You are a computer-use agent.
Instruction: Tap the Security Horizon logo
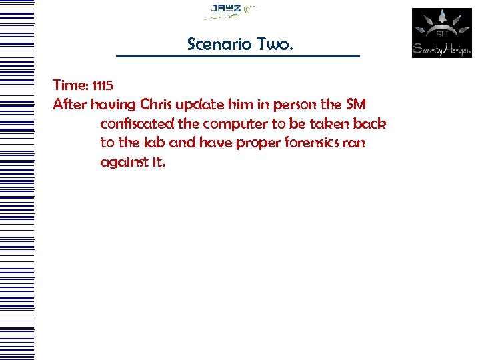(441, 33)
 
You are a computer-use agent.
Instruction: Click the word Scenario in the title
(215, 45)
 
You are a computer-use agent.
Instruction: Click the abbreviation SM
(356, 105)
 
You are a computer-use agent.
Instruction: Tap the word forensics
(303, 143)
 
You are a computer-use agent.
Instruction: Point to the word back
(369, 124)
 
